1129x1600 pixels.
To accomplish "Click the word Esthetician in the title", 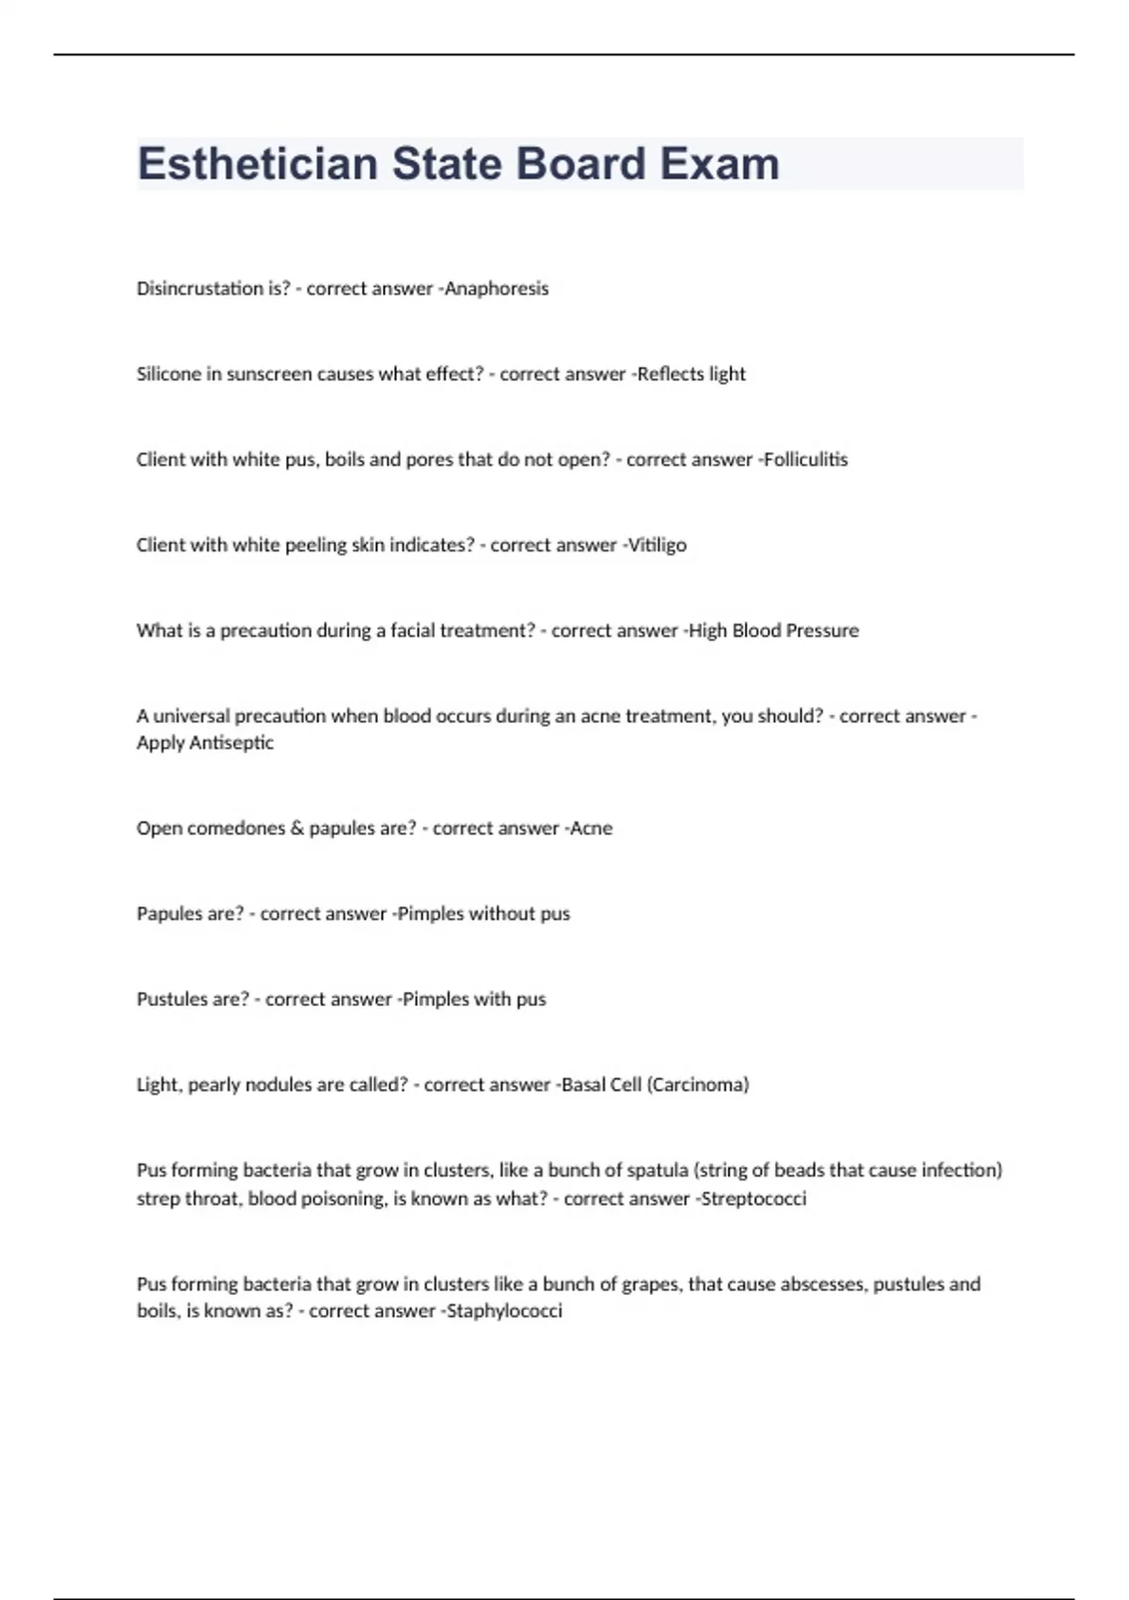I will coord(257,164).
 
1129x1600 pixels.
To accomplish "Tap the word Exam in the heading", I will coord(719,164).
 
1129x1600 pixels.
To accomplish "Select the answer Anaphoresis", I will coord(497,289).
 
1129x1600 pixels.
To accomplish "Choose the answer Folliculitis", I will coord(805,460).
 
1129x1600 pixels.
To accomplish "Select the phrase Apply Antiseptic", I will coord(205,744).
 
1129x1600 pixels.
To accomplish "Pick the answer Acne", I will coord(592,829).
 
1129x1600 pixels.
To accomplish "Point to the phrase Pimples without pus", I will coord(484,914).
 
